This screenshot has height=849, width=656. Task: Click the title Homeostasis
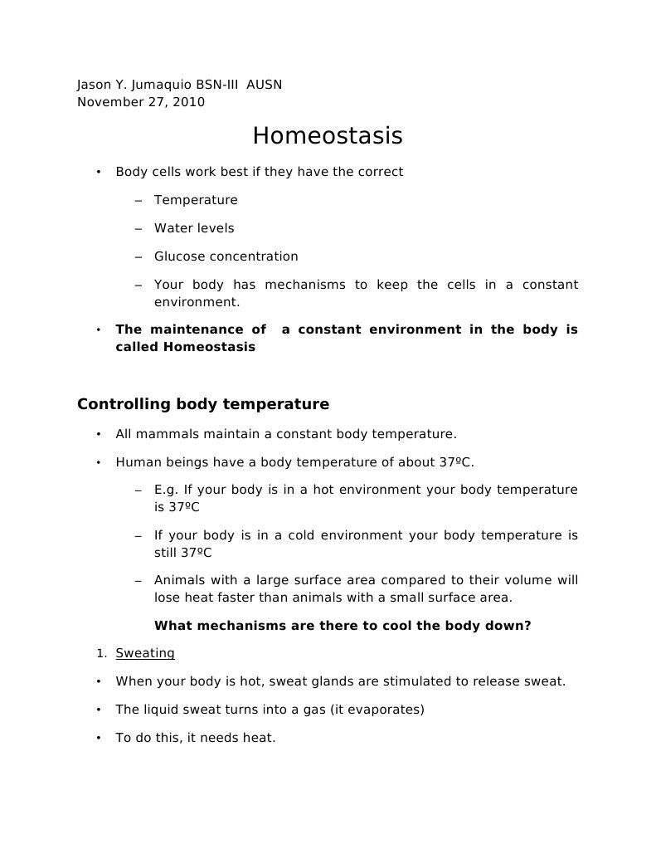[x=328, y=135]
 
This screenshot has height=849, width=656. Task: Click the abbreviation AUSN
[x=264, y=85]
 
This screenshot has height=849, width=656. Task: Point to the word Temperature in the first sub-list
[x=196, y=200]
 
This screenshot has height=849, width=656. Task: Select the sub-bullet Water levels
[x=194, y=228]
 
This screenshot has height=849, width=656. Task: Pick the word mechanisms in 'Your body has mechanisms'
[x=304, y=285]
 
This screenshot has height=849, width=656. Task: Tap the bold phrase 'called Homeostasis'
[x=186, y=347]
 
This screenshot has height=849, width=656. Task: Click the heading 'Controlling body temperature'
[x=203, y=404]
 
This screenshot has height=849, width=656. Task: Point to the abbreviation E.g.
[x=166, y=490]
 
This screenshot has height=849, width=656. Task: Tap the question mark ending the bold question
[x=527, y=626]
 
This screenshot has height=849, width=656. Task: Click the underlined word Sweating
[x=145, y=653]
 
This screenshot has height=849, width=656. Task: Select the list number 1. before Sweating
[x=101, y=654]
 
